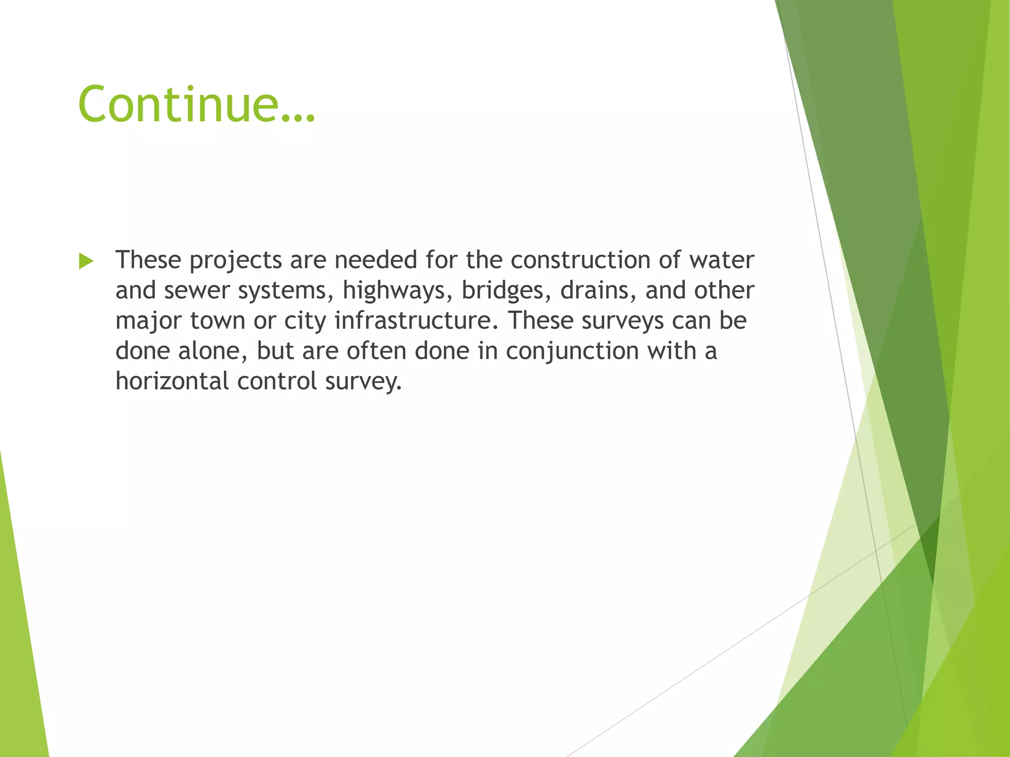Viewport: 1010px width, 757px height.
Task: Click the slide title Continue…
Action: [x=196, y=104]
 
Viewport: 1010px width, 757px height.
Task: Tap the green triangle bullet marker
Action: [x=86, y=261]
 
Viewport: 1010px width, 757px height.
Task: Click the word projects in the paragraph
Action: [x=236, y=261]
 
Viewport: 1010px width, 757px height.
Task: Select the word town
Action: [x=217, y=321]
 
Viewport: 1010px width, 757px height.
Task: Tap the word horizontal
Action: [x=172, y=381]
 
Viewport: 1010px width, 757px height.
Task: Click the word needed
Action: [x=375, y=260]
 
